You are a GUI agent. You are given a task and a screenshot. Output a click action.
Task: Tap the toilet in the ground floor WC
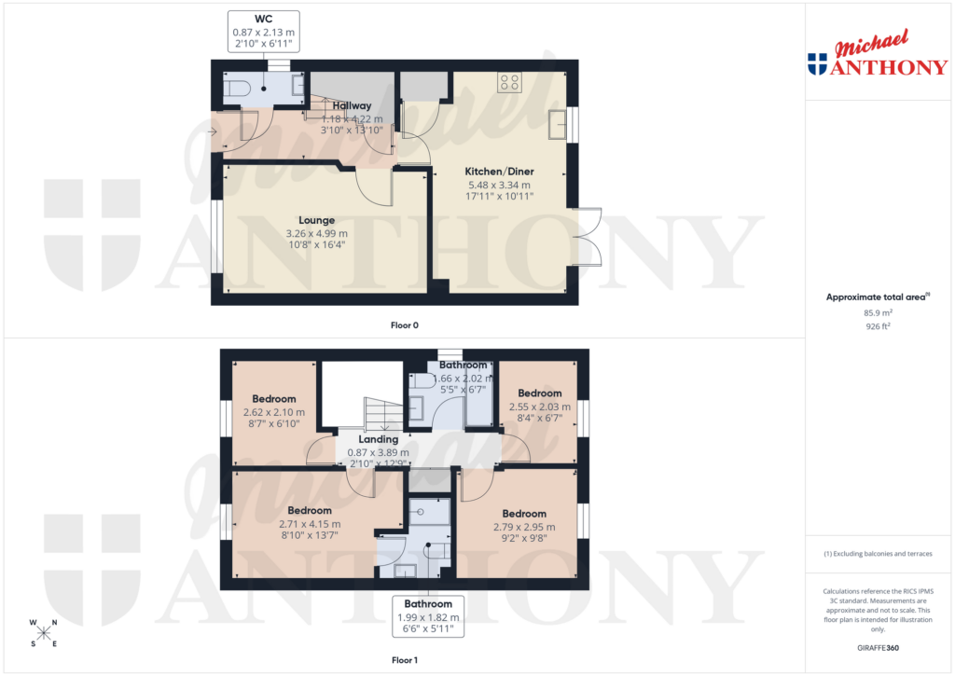click(x=237, y=89)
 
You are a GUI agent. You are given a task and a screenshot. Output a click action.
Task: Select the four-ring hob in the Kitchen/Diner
click(x=509, y=82)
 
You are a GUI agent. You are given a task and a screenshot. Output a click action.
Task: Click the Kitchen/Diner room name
click(x=499, y=172)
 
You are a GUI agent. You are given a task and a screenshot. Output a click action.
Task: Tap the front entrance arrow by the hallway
click(x=212, y=132)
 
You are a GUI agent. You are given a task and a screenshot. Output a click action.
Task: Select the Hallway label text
click(x=352, y=105)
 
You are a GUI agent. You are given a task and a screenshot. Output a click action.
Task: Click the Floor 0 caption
click(x=405, y=325)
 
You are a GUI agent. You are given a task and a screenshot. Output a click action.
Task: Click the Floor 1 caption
click(x=405, y=660)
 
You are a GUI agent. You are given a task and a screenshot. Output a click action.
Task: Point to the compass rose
click(x=43, y=632)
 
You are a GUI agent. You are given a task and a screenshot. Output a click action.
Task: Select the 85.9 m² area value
click(x=876, y=313)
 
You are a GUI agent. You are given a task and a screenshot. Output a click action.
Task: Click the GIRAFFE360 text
click(x=876, y=648)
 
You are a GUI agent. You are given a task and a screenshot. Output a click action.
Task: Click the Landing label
click(x=379, y=439)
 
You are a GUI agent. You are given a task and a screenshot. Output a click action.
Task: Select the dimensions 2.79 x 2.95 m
click(x=524, y=527)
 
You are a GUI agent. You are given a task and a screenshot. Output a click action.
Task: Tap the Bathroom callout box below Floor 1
click(x=428, y=616)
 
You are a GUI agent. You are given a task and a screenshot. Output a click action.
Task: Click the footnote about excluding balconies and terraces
click(x=877, y=554)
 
